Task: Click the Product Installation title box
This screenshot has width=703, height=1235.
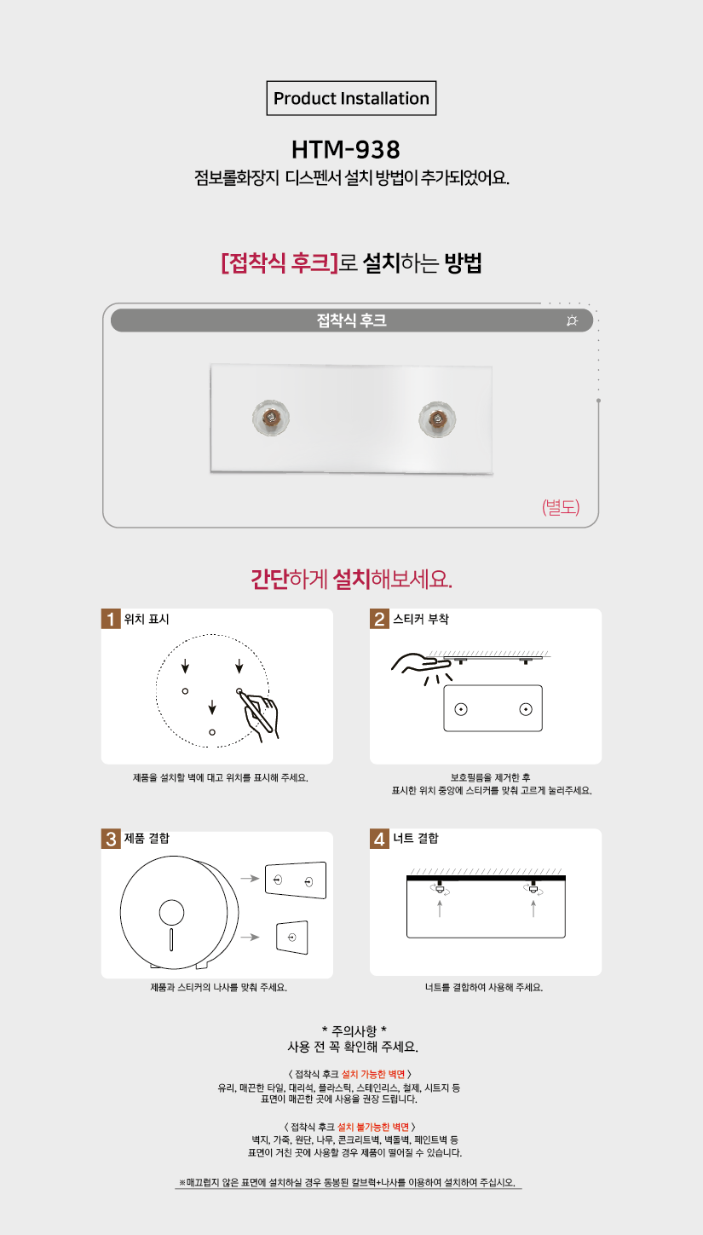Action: point(351,98)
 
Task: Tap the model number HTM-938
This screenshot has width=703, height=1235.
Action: point(346,149)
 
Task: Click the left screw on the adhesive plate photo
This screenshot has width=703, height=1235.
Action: point(271,418)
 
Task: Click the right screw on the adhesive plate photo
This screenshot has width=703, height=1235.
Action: point(437,419)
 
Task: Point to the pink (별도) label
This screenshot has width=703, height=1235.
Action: point(561,506)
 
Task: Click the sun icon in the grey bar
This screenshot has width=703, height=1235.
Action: point(572,320)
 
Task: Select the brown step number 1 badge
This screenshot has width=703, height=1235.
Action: point(111,619)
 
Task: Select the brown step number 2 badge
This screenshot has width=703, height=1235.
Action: point(379,619)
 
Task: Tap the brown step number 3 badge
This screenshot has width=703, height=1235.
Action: point(111,839)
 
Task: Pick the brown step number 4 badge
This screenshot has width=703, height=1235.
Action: point(379,839)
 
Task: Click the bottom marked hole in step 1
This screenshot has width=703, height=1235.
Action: point(212,732)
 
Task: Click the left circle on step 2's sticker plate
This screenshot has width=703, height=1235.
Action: point(461,709)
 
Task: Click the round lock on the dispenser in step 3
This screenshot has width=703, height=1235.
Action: point(171,913)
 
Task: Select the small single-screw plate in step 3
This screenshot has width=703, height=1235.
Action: point(292,937)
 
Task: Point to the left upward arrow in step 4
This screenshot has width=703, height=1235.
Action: point(440,909)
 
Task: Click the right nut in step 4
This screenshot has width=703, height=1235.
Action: point(533,889)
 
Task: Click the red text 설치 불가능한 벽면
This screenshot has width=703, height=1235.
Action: point(373,1127)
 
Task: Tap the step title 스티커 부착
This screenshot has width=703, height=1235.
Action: point(421,619)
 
